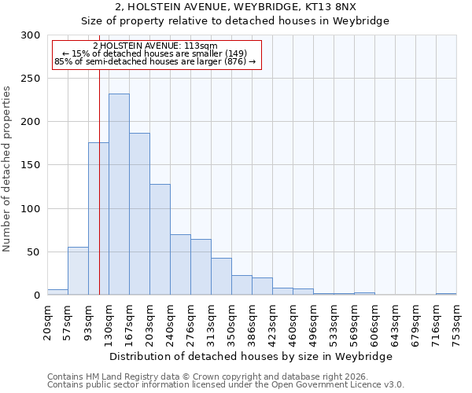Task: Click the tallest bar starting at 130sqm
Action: click(119, 194)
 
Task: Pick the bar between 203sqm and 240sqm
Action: click(160, 240)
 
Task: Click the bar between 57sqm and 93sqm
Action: click(78, 271)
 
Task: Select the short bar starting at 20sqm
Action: click(57, 292)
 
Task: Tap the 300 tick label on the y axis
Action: click(30, 35)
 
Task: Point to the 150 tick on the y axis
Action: click(30, 165)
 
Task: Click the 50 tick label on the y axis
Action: click(33, 252)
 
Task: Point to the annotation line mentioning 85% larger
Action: click(155, 61)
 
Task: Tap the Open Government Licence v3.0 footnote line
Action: click(226, 384)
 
